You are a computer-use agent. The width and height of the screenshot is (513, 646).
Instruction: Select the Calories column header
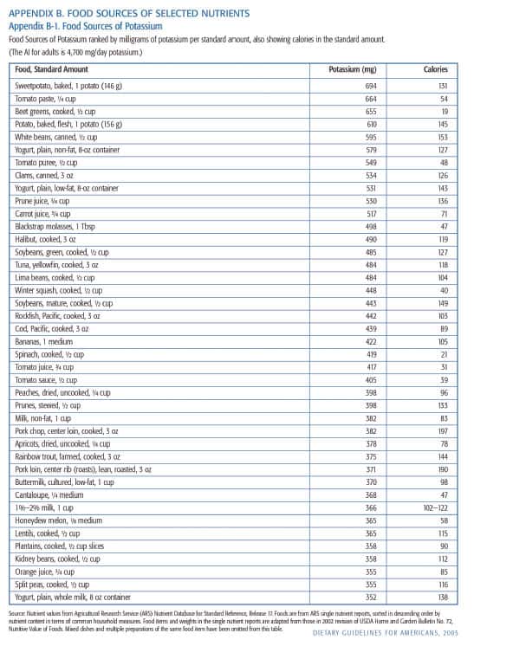coord(435,69)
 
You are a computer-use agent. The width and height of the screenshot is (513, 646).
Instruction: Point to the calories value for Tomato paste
coord(442,99)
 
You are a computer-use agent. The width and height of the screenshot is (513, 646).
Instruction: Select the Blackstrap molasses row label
coord(54,226)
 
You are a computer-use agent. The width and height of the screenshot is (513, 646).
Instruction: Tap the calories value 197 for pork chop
coord(442,430)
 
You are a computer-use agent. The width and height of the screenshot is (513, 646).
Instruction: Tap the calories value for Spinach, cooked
coord(442,354)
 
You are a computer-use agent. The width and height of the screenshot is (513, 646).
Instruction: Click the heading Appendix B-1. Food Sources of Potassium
coord(81,26)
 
